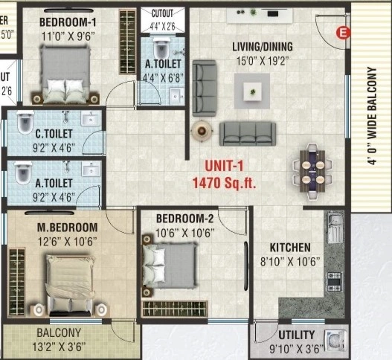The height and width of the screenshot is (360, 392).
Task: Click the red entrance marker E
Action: [342, 32]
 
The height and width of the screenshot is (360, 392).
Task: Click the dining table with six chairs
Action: [312, 168]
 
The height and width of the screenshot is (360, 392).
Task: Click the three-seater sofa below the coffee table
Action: [247, 133]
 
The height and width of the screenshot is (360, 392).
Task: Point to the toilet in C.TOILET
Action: [25, 122]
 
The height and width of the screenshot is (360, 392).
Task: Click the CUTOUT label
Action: [162, 13]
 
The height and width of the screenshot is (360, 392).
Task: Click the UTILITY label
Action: [296, 335]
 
